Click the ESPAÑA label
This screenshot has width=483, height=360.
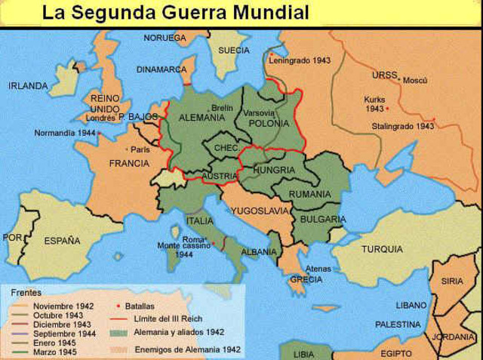click(x=62, y=242)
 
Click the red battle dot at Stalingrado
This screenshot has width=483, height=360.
click(x=433, y=119)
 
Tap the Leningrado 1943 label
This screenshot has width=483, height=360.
click(x=301, y=60)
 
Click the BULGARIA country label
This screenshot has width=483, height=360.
click(x=322, y=219)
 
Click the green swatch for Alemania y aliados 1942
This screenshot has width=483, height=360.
click(x=118, y=331)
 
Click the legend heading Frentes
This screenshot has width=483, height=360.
click(x=20, y=290)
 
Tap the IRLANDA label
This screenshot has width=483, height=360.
click(x=28, y=86)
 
